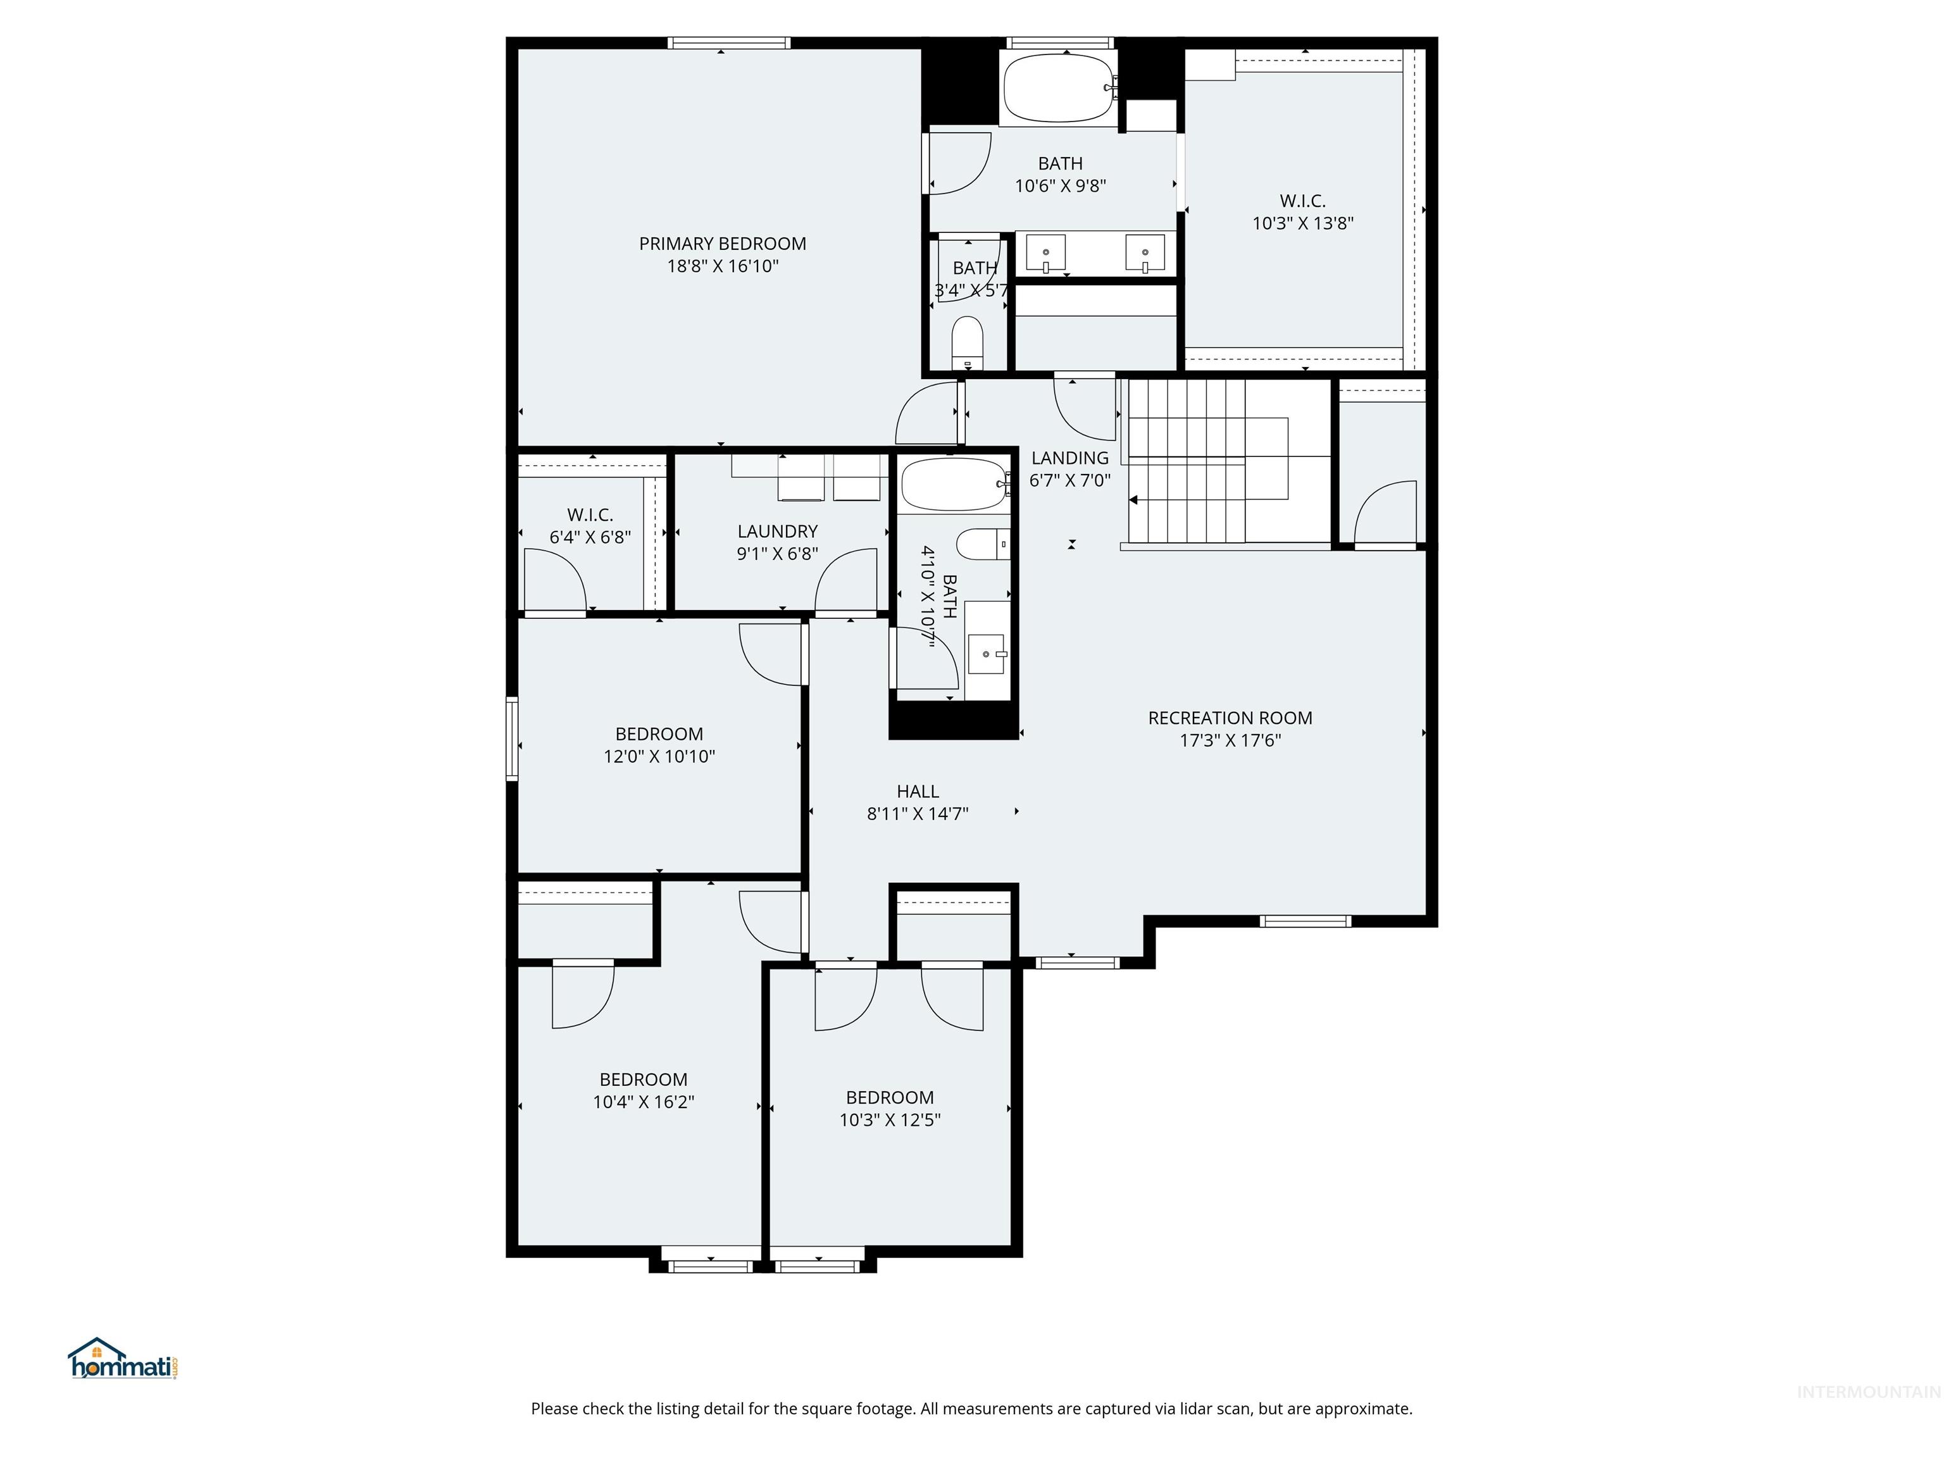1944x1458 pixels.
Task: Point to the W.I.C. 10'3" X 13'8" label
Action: (x=1302, y=212)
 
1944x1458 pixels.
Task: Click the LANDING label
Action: (x=1069, y=458)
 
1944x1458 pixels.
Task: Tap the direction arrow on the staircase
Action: (x=1134, y=500)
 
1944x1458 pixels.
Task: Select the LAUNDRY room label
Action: (x=777, y=532)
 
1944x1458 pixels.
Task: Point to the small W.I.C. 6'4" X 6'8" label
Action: (x=590, y=525)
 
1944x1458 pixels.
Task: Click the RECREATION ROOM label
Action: (x=1230, y=718)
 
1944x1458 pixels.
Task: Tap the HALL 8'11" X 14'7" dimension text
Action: (x=917, y=814)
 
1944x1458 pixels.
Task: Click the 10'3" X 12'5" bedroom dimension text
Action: (x=889, y=1119)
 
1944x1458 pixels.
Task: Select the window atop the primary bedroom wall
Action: (x=728, y=43)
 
